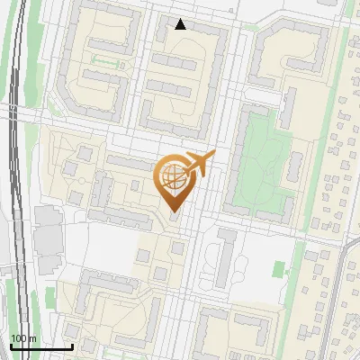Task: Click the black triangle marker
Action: point(181,24)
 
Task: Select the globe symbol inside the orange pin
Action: point(174,176)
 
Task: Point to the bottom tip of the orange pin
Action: point(174,212)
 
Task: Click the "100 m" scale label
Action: point(23,337)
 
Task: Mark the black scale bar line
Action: point(40,346)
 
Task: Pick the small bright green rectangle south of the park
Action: point(278,267)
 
